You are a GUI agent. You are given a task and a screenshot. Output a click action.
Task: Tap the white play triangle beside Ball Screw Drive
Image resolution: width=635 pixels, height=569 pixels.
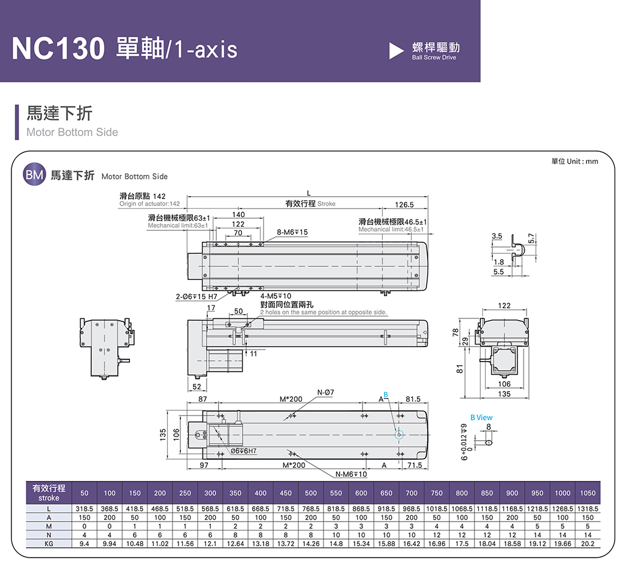(x=396, y=51)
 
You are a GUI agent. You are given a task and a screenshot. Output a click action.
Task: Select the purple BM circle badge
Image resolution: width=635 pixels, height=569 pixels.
(x=34, y=175)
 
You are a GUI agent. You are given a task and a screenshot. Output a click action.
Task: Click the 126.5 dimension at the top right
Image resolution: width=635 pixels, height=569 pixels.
(x=405, y=205)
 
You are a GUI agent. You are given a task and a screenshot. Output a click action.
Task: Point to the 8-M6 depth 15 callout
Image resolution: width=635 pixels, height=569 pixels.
(x=292, y=232)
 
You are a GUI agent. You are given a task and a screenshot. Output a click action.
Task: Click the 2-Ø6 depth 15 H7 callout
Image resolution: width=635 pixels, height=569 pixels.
(x=196, y=296)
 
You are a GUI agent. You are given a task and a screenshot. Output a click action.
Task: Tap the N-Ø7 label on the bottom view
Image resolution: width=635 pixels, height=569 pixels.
(x=324, y=393)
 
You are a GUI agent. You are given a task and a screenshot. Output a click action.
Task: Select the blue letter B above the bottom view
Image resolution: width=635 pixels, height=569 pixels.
(x=386, y=394)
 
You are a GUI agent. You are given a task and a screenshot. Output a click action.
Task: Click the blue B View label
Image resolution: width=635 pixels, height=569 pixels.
(x=481, y=417)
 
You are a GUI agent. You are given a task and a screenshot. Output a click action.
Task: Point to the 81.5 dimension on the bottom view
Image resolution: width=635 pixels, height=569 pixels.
(x=413, y=399)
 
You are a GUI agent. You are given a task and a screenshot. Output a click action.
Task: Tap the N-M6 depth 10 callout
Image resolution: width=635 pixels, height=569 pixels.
(x=351, y=474)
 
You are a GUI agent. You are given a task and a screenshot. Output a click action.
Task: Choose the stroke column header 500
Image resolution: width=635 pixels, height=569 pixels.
(x=311, y=493)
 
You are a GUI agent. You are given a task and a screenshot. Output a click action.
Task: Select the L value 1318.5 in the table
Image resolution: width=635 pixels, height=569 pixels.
(x=588, y=509)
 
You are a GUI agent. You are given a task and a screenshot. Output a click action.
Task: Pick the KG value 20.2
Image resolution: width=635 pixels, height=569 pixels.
(x=588, y=543)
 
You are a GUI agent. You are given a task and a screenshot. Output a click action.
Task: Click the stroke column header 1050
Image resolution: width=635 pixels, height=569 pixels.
(x=588, y=493)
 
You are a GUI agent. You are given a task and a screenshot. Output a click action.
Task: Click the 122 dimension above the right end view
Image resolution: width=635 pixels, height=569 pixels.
(x=504, y=306)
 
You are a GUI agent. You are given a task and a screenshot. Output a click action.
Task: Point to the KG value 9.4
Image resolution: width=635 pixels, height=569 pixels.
(x=84, y=543)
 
